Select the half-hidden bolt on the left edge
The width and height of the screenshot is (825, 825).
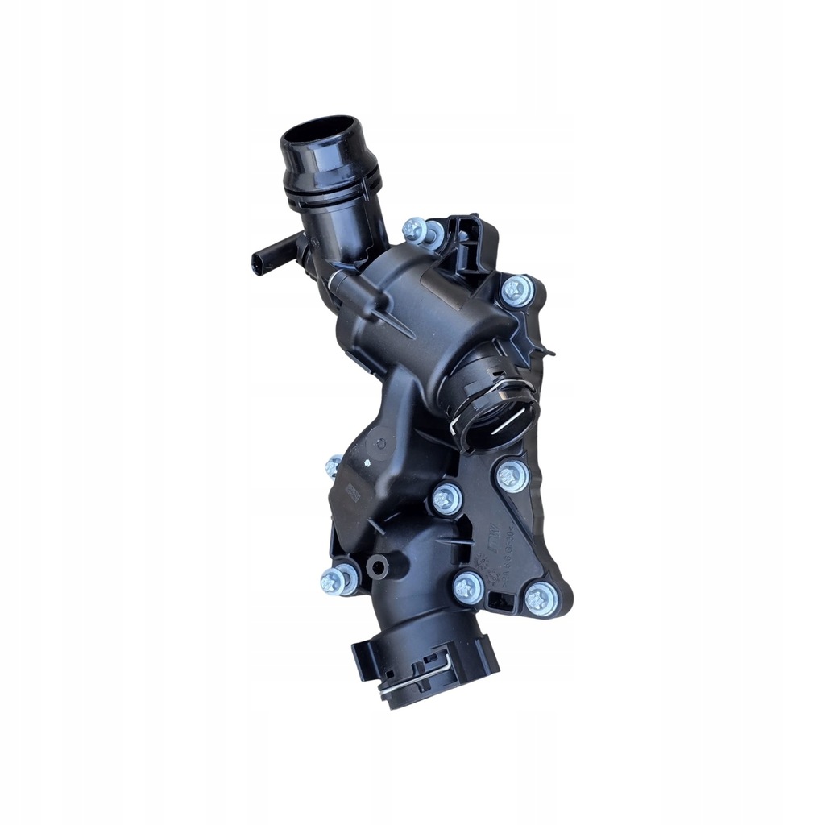pyautogui.click(x=334, y=465)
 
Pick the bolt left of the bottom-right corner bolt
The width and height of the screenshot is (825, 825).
pyautogui.click(x=467, y=587)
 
